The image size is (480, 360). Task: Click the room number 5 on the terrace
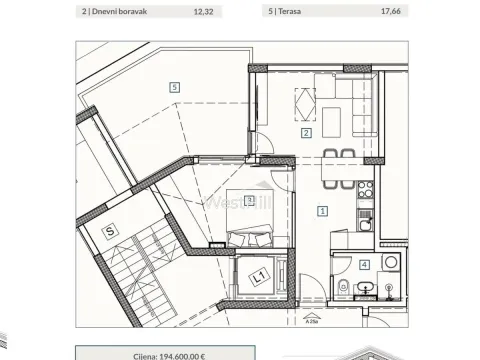[175, 87]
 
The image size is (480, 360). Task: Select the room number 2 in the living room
[306, 132]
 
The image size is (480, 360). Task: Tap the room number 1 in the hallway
[322, 210]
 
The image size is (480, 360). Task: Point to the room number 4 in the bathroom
[364, 265]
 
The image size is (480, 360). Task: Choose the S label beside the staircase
[112, 231]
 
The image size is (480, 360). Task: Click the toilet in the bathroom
[344, 289]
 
